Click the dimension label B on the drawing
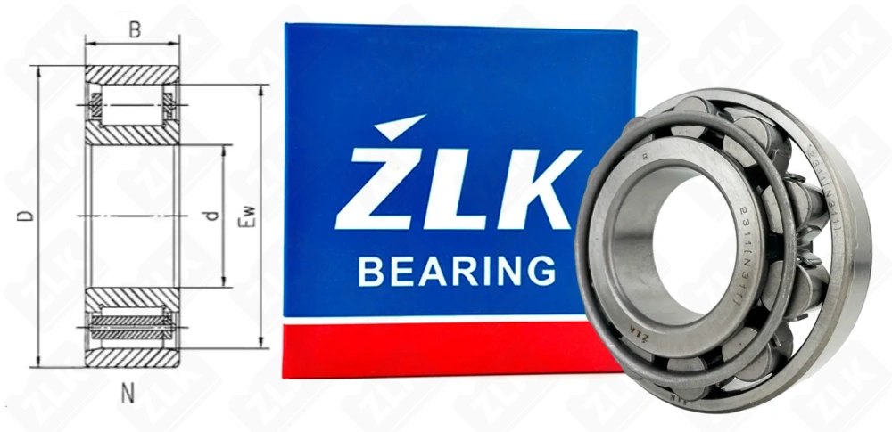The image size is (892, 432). coord(134,29)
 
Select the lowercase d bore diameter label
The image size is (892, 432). coord(211,216)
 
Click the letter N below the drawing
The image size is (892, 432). coord(128,392)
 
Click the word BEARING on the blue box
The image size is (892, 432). coord(456,270)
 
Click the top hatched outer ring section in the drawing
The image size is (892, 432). coord(132,74)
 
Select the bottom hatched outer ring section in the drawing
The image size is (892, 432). coord(132,356)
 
